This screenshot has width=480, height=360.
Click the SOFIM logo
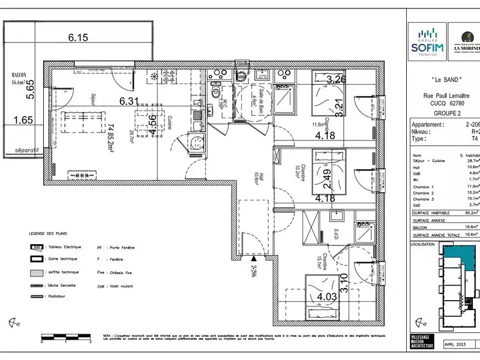click(427, 42)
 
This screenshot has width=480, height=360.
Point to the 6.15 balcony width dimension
click(78, 37)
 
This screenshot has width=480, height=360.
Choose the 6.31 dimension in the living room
click(130, 101)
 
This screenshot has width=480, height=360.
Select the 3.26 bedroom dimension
click(337, 79)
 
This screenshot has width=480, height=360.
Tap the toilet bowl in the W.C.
click(216, 93)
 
